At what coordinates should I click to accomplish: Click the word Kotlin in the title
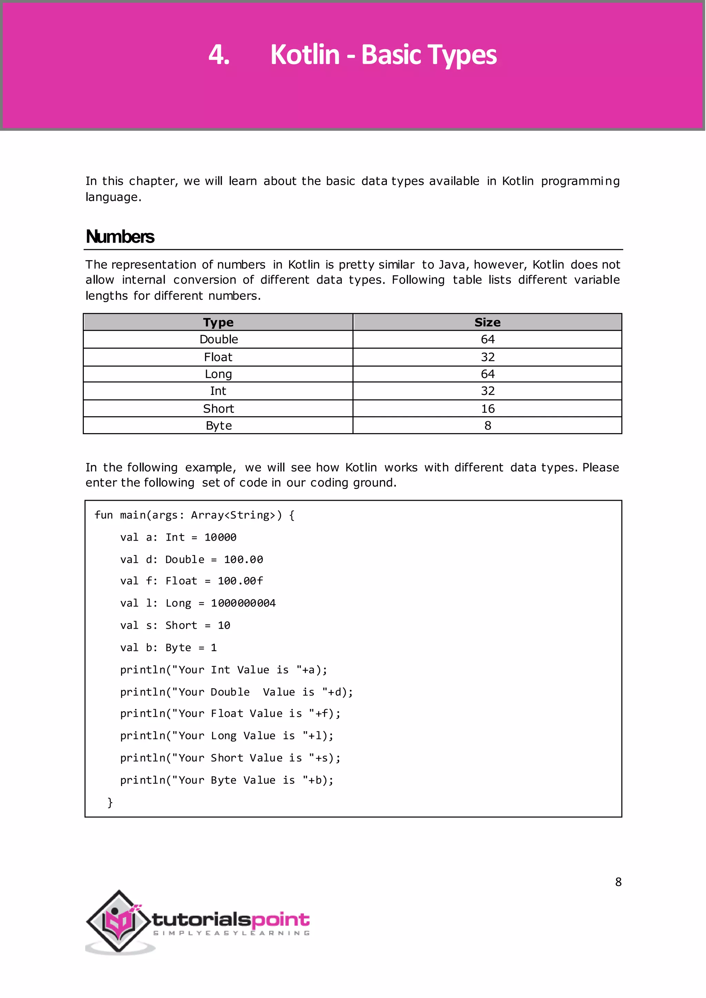(x=304, y=55)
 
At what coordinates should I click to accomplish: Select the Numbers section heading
(x=120, y=237)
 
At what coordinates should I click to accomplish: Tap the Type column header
(x=218, y=323)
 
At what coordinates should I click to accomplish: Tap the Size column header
(x=487, y=323)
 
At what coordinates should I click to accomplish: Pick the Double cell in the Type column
(x=219, y=339)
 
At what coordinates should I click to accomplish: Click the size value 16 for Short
(x=487, y=409)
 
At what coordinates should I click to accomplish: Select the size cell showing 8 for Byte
(x=487, y=426)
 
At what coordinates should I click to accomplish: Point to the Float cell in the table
(x=218, y=357)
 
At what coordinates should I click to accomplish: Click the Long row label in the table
(x=218, y=374)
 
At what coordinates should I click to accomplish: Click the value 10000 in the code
(x=220, y=538)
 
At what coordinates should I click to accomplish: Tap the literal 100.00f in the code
(x=240, y=581)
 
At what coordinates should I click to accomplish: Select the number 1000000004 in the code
(x=243, y=603)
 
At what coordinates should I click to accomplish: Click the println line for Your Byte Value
(x=226, y=780)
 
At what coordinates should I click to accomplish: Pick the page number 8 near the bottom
(x=618, y=882)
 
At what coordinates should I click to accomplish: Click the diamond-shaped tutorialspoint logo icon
(x=118, y=920)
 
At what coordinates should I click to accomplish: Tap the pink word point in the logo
(x=280, y=920)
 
